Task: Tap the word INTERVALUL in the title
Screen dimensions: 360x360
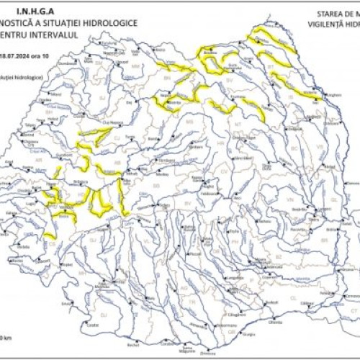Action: coord(68,35)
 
